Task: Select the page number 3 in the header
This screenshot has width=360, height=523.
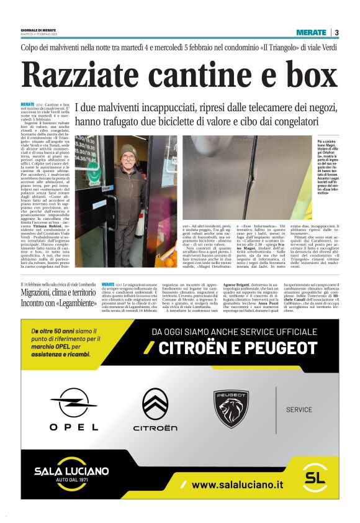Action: [x=336, y=32]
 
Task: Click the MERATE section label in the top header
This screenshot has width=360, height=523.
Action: [x=311, y=32]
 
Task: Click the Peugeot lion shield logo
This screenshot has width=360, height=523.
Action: [x=232, y=408]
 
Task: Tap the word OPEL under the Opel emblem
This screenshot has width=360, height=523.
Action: [x=74, y=427]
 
